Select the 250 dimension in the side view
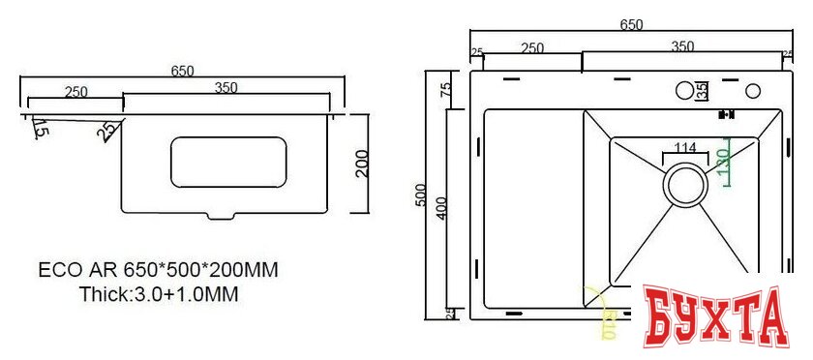pyautogui.click(x=76, y=92)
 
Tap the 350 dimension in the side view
pyautogui.click(x=226, y=88)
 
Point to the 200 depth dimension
pyautogui.click(x=362, y=164)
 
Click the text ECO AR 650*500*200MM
pyautogui.click(x=159, y=270)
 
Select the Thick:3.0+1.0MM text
pyautogui.click(x=159, y=293)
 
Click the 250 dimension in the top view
pyautogui.click(x=531, y=46)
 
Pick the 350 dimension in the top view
pyautogui.click(x=682, y=46)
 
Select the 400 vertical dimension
pyautogui.click(x=441, y=207)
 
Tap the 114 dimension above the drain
pyautogui.click(x=685, y=148)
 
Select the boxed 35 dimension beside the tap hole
pyautogui.click(x=702, y=90)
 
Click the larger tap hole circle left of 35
pyautogui.click(x=684, y=91)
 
